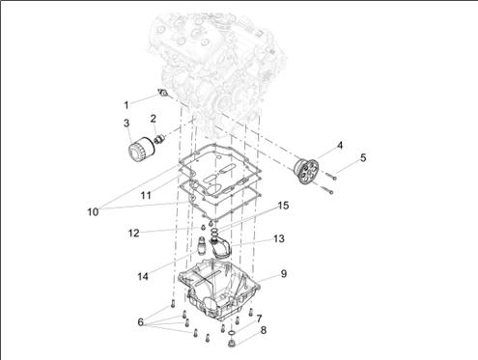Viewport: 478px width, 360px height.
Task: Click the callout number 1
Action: (127, 105)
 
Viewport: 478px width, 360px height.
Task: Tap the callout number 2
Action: (154, 119)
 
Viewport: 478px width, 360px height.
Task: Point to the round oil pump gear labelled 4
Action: (306, 171)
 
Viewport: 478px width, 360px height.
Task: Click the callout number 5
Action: (363, 158)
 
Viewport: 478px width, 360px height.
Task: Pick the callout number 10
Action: (93, 212)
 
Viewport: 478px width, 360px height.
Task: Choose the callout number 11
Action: (146, 195)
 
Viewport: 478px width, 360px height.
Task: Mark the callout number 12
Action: (134, 233)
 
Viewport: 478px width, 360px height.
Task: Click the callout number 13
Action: (279, 238)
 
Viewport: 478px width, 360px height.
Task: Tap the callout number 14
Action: (143, 276)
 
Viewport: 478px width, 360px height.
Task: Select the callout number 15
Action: (283, 206)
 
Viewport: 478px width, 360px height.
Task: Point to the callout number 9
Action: (284, 274)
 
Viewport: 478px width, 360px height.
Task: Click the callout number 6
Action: (140, 322)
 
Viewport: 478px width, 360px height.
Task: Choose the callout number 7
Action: (260, 318)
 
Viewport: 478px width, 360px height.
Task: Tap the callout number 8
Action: (264, 330)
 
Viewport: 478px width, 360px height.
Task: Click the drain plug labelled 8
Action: (231, 343)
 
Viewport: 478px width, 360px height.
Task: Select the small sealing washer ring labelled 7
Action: (231, 332)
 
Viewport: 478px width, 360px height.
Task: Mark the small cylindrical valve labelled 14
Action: (202, 246)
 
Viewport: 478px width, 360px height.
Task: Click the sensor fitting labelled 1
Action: (164, 94)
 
